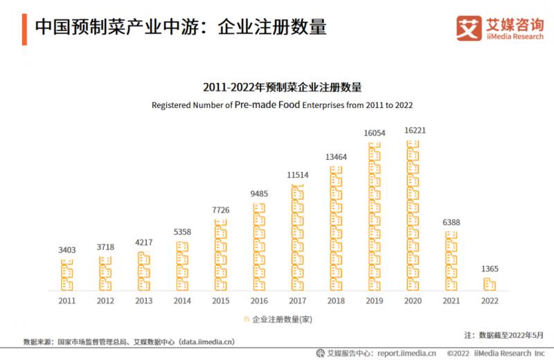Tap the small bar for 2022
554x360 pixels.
pyautogui.click(x=490, y=284)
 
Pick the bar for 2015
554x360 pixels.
pyautogui.click(x=220, y=255)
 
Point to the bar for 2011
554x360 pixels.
pyautogui.click(x=66, y=275)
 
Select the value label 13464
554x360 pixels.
pyautogui.click(x=336, y=157)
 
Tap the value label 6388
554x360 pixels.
pyautogui.click(x=452, y=222)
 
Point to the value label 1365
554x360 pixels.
pyautogui.click(x=490, y=269)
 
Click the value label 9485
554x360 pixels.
pyautogui.click(x=259, y=194)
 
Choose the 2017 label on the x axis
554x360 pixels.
pyautogui.click(x=297, y=300)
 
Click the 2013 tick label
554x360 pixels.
pyautogui.click(x=143, y=300)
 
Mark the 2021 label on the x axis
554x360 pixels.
pyautogui.click(x=452, y=300)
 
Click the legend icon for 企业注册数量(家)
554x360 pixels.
pyautogui.click(x=246, y=320)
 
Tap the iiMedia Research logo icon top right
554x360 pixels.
pyautogui.click(x=468, y=28)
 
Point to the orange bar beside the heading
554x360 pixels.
pyautogui.click(x=25, y=27)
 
